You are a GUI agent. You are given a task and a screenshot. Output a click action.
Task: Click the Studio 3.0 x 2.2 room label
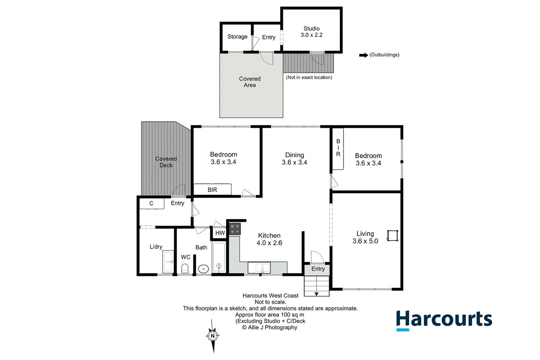pos(311,32)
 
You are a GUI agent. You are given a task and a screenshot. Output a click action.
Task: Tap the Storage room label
pos(237,37)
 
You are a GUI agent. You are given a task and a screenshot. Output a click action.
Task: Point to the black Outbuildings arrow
pos(363,55)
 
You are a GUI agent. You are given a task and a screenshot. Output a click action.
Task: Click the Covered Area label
pos(250,82)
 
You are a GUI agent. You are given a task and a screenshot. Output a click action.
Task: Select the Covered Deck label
pos(166,162)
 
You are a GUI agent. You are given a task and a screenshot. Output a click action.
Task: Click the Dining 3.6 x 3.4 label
pos(294,159)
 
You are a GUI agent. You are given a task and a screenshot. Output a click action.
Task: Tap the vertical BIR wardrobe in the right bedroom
pos(338,149)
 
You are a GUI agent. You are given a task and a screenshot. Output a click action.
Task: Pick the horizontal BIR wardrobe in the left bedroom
pos(212,190)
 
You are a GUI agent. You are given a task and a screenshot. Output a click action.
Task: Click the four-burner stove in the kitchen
pos(235,229)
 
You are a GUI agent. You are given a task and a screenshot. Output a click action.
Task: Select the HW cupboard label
pos(220,233)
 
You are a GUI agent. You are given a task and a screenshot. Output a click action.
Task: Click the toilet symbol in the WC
pos(185,268)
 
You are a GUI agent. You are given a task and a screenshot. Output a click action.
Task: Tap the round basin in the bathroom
pos(203,269)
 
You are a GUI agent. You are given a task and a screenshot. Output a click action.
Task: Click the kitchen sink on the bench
pos(259,268)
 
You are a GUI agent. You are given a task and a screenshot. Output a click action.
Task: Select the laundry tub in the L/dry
pos(168,262)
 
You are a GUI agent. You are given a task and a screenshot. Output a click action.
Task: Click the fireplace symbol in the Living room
pos(393,236)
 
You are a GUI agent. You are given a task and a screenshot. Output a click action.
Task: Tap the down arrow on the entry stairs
pos(316,294)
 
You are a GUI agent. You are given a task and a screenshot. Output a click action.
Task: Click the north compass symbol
pos(213,336)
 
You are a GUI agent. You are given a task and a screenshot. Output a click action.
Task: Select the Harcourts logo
pos(444,320)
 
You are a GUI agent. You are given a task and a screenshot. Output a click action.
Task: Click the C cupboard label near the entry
pos(151,203)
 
